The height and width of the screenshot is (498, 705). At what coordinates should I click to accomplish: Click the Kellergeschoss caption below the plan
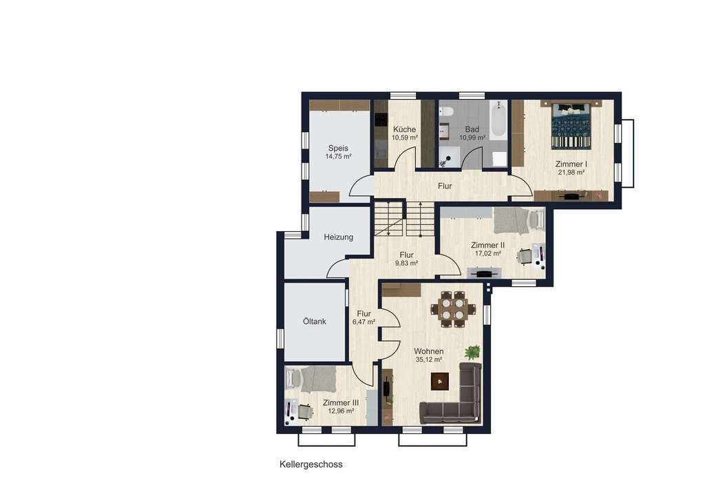coord(311,464)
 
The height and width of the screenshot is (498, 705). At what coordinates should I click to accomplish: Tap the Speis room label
coord(338,148)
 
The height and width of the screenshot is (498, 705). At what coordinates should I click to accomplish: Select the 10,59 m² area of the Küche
coord(405,138)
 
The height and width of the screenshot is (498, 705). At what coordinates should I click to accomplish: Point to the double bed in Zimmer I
coord(571,125)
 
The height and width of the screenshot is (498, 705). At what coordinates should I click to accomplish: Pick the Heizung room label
coord(339,237)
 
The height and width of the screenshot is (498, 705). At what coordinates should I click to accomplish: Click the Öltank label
coord(314,321)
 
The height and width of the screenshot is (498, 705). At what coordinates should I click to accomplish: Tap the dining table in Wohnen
coord(453,309)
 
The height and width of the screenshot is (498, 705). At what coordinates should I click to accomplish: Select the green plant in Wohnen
coord(472,352)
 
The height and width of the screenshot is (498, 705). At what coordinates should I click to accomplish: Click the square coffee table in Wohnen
coord(440,382)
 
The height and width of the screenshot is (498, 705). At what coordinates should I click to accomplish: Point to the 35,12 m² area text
coord(429,360)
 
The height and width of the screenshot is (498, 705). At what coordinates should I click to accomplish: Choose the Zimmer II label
coord(488,245)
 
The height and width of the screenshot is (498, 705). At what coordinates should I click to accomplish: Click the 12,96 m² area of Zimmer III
coord(341,411)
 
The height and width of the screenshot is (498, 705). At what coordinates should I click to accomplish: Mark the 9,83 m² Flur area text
coord(406,263)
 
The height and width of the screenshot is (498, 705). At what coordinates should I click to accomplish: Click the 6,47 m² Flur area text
coord(364,322)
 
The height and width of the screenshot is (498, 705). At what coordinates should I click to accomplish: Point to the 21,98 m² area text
coord(571,172)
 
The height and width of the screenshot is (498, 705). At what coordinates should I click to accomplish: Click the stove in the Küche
coord(381,120)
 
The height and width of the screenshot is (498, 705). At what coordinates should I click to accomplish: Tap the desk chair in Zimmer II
coord(524,256)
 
